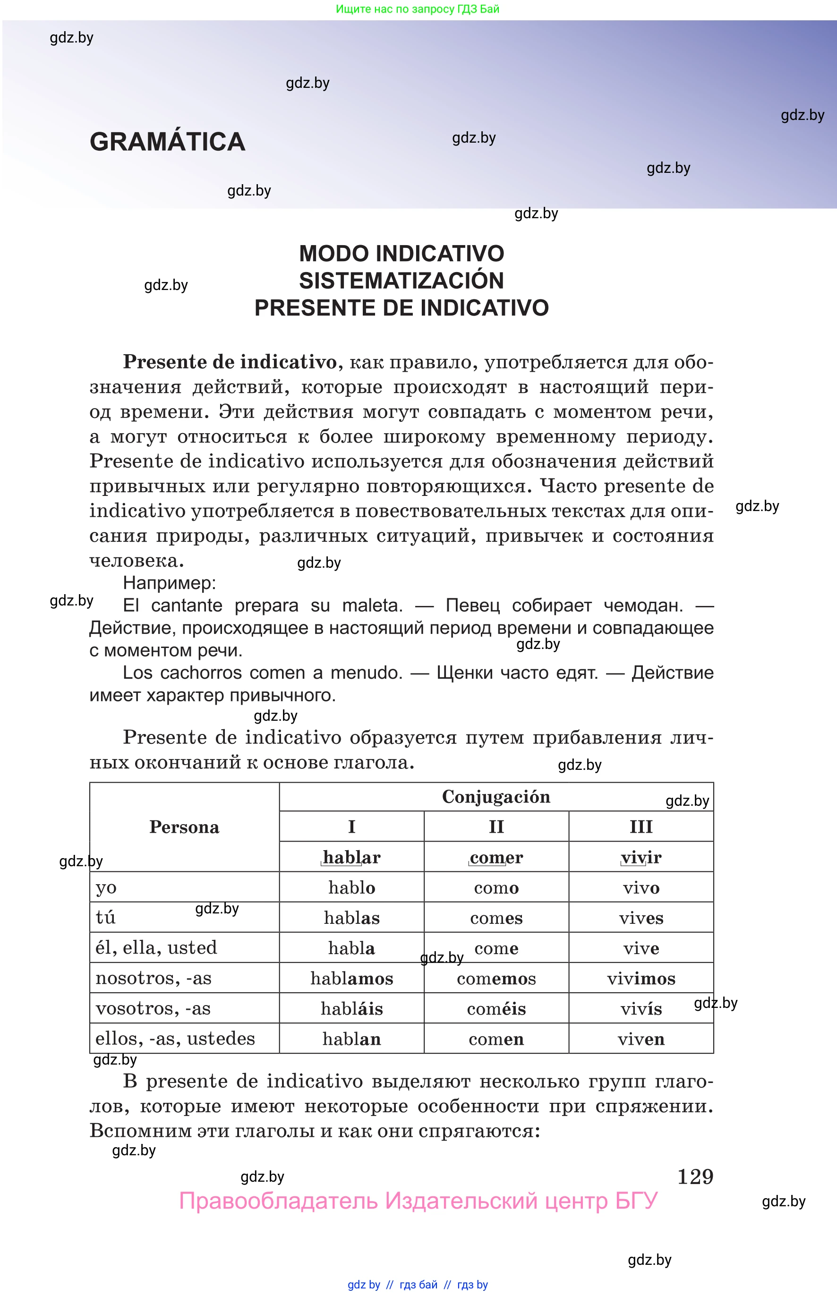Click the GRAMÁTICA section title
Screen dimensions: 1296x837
(167, 142)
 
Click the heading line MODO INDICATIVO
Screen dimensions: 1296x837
(401, 254)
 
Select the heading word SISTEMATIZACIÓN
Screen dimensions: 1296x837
(401, 281)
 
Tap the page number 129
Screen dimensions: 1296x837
(695, 1177)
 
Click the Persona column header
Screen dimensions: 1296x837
(184, 827)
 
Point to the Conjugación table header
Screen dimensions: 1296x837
(495, 797)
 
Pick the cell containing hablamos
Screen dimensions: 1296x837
(351, 979)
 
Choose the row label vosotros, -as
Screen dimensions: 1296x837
(153, 1008)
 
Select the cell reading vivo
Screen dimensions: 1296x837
(641, 888)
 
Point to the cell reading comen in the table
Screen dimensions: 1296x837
(496, 1039)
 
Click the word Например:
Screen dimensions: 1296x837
(170, 583)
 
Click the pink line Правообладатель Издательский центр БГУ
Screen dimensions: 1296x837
(418, 1201)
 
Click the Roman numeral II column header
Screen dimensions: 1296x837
(496, 827)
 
